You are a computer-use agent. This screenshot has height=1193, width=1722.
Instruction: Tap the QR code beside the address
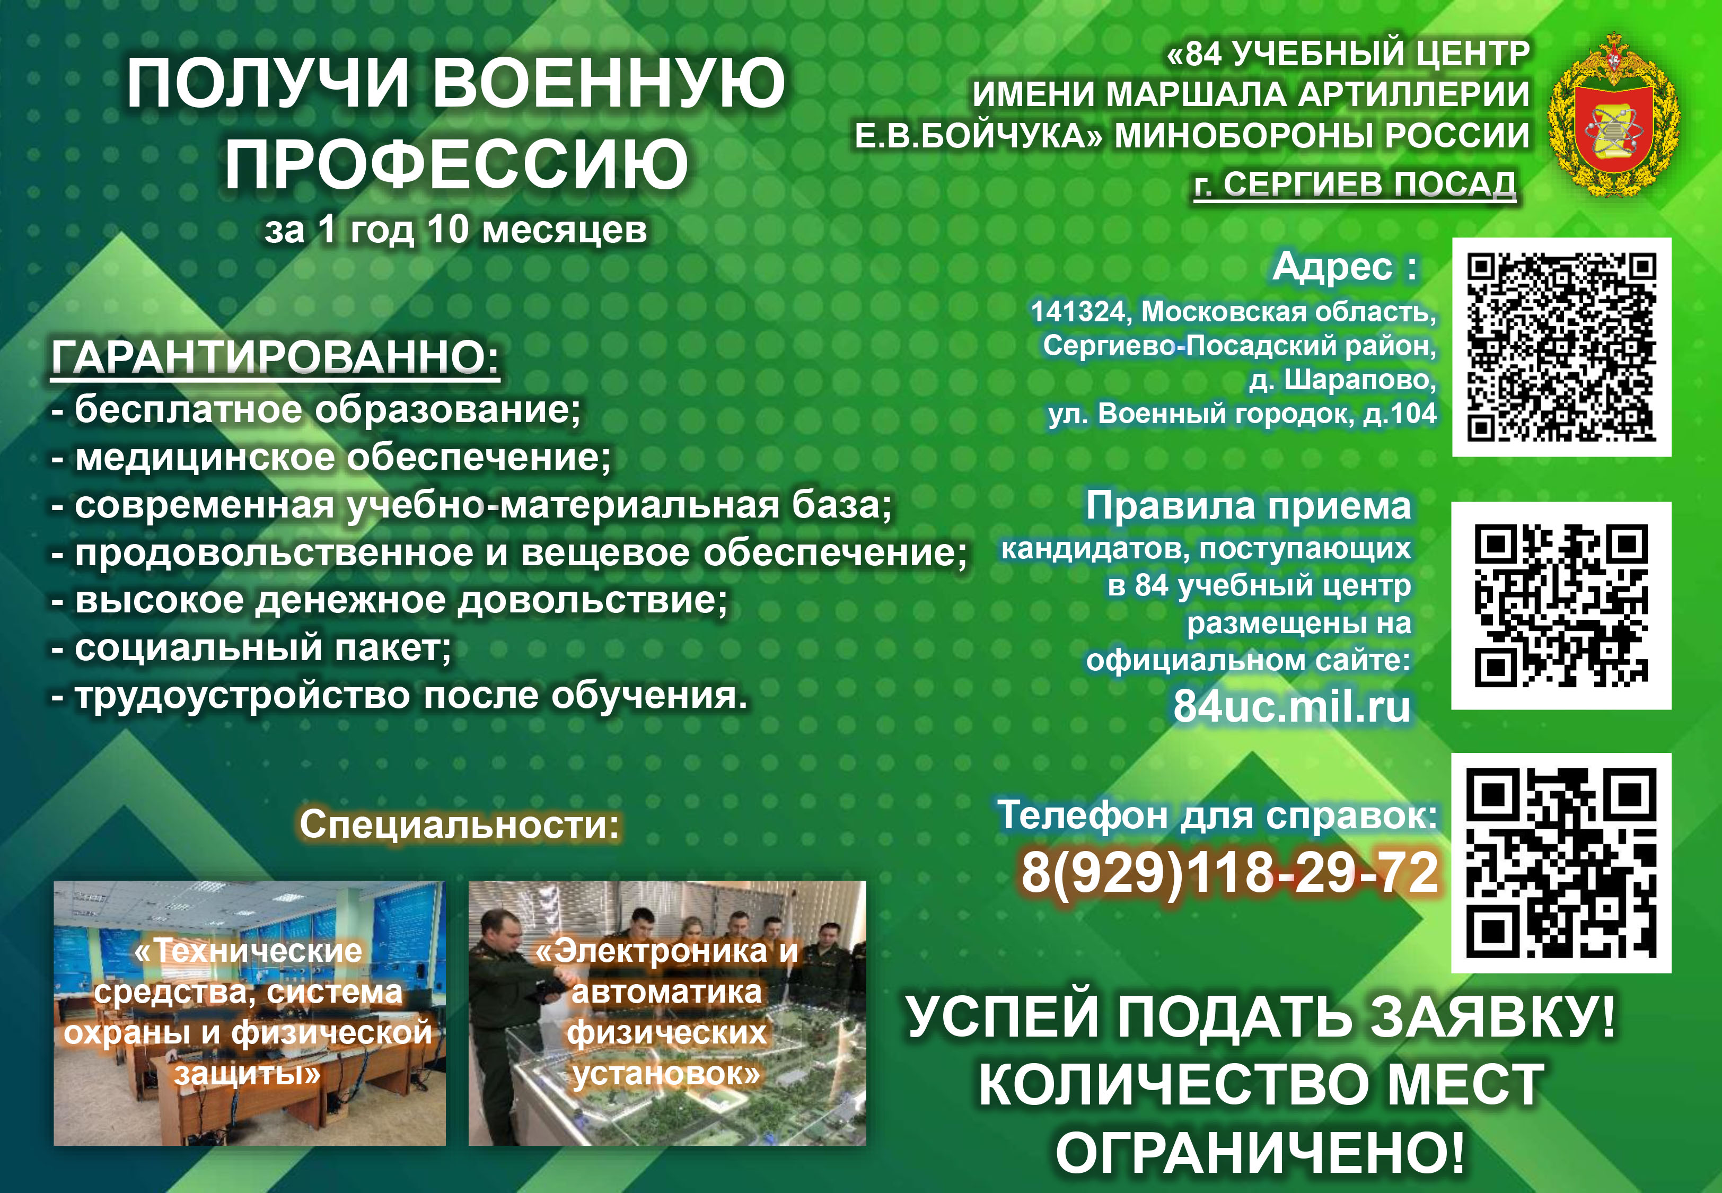point(1561,347)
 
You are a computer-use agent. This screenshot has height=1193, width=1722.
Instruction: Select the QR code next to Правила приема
point(1561,606)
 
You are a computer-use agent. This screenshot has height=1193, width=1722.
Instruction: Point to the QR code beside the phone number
point(1561,863)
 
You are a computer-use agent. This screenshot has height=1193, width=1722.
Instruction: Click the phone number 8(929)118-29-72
point(1229,872)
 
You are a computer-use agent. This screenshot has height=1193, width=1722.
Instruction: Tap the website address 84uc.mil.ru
point(1291,706)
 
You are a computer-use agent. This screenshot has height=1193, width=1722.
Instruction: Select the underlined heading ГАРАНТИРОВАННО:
point(275,356)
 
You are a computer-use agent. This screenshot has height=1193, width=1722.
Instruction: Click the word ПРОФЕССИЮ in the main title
point(456,164)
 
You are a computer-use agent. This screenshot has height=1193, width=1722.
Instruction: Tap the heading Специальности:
point(460,824)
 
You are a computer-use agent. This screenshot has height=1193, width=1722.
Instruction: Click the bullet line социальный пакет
point(252,648)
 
